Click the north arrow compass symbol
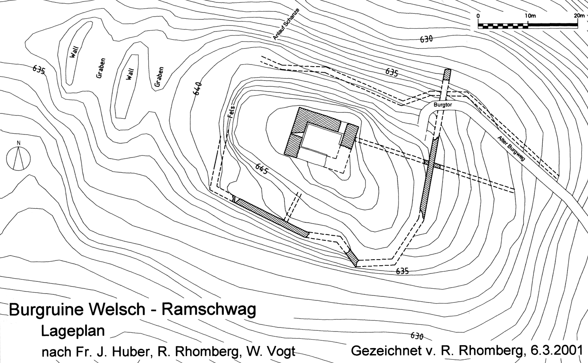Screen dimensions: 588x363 [x=19, y=157]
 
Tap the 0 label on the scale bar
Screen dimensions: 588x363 [x=478, y=16]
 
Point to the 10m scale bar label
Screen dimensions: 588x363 [x=530, y=16]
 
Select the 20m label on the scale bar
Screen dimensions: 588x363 [x=579, y=16]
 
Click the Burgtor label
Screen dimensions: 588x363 [x=443, y=105]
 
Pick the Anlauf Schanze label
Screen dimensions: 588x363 [x=286, y=24]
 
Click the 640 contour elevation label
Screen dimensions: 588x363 [x=197, y=88]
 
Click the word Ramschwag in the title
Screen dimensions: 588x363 [x=209, y=310]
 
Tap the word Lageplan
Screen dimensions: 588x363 [x=73, y=332]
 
